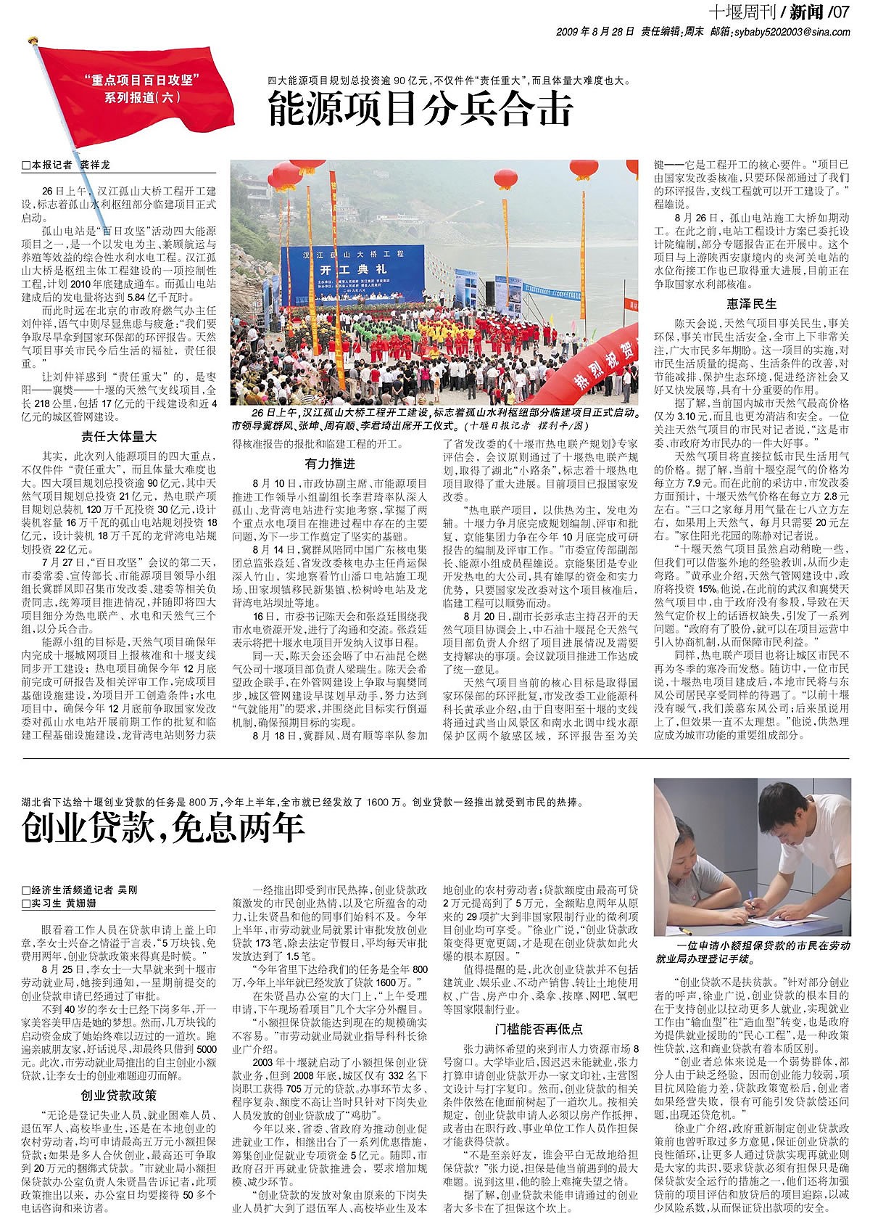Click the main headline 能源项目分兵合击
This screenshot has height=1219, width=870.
pos(420,110)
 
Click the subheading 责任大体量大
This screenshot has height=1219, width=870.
pos(119,436)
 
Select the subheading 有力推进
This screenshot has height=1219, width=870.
pos(330,464)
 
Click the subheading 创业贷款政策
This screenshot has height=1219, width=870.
pos(119,1095)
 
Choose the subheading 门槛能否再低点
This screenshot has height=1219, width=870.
pos(540,1028)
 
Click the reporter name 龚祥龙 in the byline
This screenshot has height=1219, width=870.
pos(95,165)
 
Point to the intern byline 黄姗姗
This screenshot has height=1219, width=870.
pos(81,903)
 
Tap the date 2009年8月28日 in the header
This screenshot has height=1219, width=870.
pos(596,32)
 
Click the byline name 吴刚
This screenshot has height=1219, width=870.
pos(128,890)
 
